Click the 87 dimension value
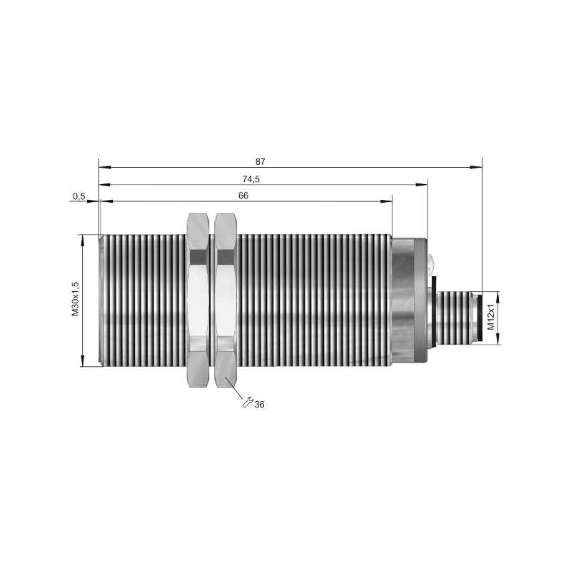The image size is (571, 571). pyautogui.click(x=261, y=162)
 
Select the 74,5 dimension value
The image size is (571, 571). pyautogui.click(x=251, y=179)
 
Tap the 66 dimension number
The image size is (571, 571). pyautogui.click(x=243, y=196)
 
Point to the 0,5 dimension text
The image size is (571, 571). pyautogui.click(x=79, y=197)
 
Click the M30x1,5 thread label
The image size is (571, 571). pyautogui.click(x=76, y=298)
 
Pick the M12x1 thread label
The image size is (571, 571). pyautogui.click(x=491, y=317)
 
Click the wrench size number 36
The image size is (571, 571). pyautogui.click(x=259, y=405)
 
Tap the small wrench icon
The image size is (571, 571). pyautogui.click(x=248, y=402)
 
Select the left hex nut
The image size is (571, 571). pyautogui.click(x=198, y=300)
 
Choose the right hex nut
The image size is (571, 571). pyautogui.click(x=226, y=300)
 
